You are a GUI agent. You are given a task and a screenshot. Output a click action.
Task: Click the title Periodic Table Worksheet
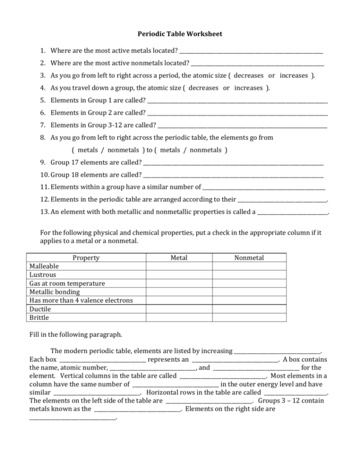tap(180, 34)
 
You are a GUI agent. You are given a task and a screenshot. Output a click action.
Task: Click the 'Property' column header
tap(86, 258)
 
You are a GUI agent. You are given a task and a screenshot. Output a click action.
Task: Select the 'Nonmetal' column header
tap(249, 258)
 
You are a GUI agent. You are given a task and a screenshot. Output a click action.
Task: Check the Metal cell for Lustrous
tap(179, 275)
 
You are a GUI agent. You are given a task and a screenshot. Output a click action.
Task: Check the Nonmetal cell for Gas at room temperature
tap(249, 283)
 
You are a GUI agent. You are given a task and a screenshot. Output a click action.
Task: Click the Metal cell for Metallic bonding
tap(179, 292)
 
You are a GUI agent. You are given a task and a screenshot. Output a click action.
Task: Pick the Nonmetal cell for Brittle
tap(249, 318)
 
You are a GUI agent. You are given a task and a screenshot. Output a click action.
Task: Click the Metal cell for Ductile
tap(179, 309)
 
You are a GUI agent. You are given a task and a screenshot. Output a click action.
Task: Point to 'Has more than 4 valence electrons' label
tap(81, 300)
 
